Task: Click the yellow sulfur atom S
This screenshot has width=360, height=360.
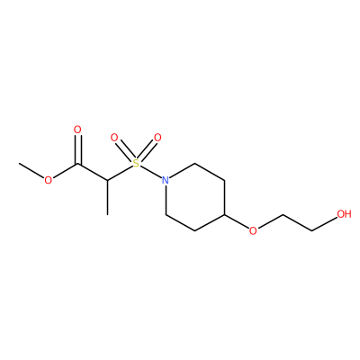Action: (136, 164)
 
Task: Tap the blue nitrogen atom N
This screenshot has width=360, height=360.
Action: (166, 180)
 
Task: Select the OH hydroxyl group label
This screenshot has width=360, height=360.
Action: (344, 214)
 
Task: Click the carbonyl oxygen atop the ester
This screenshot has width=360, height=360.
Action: (77, 130)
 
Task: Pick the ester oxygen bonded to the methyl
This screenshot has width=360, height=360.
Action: (48, 180)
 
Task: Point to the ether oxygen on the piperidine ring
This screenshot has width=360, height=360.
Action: (253, 230)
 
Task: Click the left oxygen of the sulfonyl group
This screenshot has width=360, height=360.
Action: (114, 138)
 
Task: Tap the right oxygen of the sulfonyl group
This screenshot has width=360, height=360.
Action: (157, 138)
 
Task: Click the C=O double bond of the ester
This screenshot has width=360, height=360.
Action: (78, 149)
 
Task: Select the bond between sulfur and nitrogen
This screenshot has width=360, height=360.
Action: (150, 172)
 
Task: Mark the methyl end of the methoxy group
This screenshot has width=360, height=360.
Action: (19, 164)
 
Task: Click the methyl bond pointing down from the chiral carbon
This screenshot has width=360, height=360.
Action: (107, 197)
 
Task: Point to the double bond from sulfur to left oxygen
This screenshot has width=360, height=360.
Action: (124, 150)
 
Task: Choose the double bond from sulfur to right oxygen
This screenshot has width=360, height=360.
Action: (148, 150)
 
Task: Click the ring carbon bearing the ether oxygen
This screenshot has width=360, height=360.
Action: (224, 214)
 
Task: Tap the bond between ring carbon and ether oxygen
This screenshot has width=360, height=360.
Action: (237, 221)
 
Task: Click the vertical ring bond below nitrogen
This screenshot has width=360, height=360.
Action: (166, 200)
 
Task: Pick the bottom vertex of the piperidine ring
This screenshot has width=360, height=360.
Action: (195, 230)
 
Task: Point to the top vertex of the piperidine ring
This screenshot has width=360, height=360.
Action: (195, 164)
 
